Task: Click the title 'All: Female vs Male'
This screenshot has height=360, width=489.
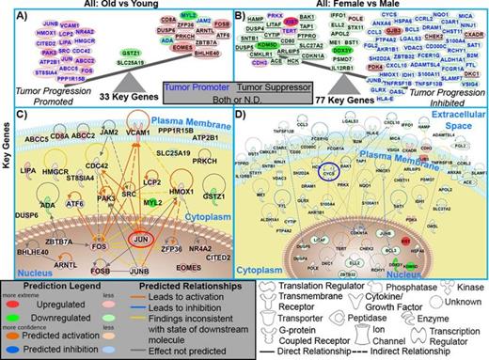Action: pos(368,7)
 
